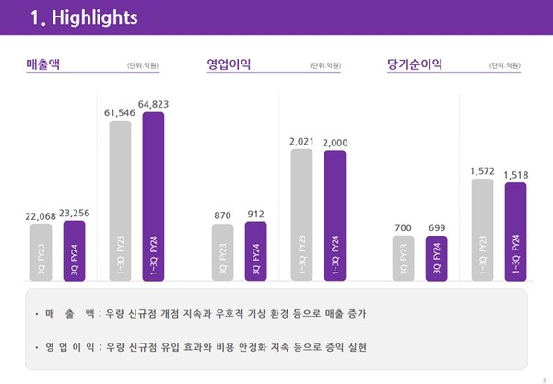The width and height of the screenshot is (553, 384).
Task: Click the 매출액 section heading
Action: [x=45, y=64]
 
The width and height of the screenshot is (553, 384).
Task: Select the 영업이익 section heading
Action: [x=229, y=64]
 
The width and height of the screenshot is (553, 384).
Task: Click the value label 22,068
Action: [x=41, y=215]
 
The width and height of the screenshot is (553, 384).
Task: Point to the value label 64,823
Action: [x=153, y=104]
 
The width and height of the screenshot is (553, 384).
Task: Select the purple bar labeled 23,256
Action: [x=74, y=250]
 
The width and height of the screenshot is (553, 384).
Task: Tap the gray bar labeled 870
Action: [x=222, y=251]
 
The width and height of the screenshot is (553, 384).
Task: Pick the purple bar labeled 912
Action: [x=255, y=250]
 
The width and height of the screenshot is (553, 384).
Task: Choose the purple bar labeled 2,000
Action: [x=335, y=215]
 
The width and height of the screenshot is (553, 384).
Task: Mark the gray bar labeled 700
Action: [x=403, y=257]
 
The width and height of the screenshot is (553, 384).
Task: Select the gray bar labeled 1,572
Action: [x=482, y=228]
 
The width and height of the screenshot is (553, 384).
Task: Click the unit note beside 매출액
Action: [x=143, y=66]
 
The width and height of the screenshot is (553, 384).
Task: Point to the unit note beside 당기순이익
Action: [x=505, y=66]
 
